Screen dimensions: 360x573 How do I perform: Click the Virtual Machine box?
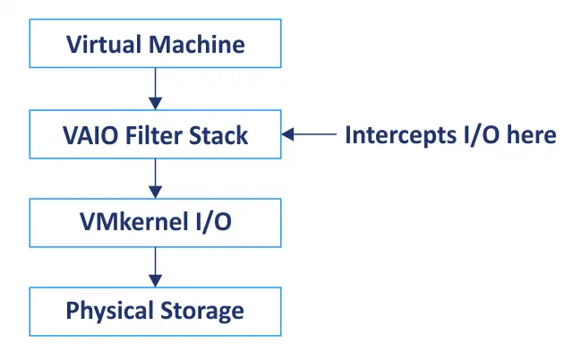click(155, 44)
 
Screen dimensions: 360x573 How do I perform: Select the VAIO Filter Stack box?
click(155, 134)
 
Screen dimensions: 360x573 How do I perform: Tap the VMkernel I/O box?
click(155, 221)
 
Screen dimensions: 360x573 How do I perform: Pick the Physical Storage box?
click(155, 311)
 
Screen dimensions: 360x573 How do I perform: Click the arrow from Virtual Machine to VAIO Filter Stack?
click(155, 89)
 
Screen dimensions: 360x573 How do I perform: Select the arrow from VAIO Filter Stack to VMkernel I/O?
click(155, 177)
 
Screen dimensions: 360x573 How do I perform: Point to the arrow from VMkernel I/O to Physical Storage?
click(155, 266)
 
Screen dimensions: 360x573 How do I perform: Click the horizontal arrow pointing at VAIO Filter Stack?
click(308, 135)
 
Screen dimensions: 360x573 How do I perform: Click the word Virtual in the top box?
click(102, 44)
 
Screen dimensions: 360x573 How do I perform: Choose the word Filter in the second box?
click(152, 135)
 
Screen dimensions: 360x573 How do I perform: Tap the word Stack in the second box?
click(218, 135)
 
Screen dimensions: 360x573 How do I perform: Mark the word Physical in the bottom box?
click(107, 312)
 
